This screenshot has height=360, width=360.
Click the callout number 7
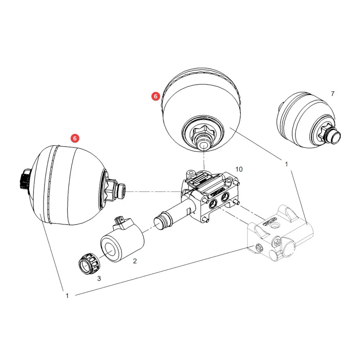[x=333, y=94]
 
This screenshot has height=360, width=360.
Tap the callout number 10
[x=239, y=169]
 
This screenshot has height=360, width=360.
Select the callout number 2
[x=135, y=261]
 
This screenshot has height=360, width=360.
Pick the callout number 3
[x=99, y=278]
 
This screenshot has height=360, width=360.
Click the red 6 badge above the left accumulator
[x=75, y=138]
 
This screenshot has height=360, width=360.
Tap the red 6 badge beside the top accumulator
[x=156, y=96]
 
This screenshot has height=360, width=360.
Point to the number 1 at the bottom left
[x=67, y=296]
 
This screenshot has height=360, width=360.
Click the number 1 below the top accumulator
[x=286, y=164]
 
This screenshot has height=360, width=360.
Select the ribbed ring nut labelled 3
[x=89, y=264]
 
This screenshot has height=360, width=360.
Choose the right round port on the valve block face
[x=225, y=197]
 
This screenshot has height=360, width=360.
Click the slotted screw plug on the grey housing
[x=258, y=247]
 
